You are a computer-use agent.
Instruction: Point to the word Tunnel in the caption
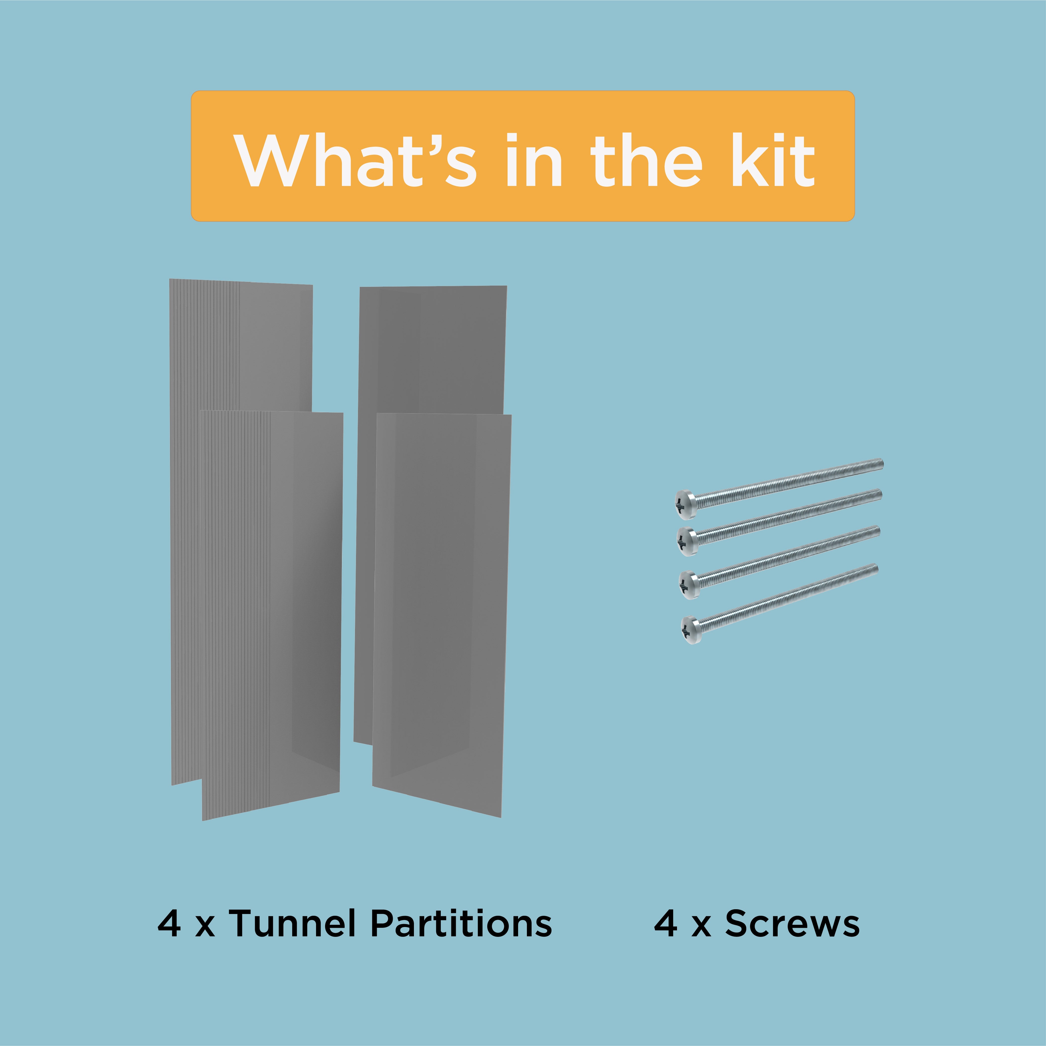(292, 923)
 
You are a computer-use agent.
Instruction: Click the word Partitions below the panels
(461, 923)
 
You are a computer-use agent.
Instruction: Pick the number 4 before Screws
(665, 923)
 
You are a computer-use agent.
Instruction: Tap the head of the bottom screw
(691, 630)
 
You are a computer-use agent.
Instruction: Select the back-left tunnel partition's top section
(241, 347)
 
